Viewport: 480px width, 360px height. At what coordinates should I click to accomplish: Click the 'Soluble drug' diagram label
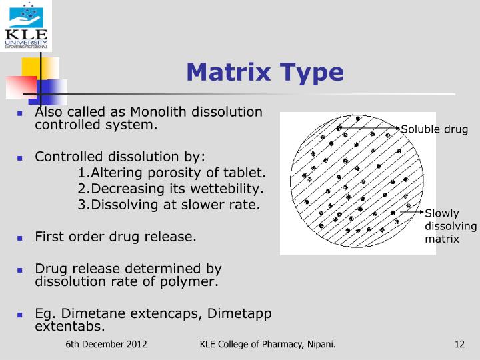[434, 129]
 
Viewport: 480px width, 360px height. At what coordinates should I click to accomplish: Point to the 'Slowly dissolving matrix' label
[451, 226]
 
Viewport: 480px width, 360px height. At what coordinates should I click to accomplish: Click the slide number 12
[459, 345]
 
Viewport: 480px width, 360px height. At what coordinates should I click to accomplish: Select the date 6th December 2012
[107, 345]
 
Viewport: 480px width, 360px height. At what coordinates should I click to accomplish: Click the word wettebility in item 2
[229, 189]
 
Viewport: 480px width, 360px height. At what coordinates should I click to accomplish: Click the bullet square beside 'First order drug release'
[20, 237]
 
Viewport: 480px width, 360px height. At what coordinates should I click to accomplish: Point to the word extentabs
[69, 327]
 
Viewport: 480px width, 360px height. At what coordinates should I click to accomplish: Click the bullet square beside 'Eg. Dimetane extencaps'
[20, 314]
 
